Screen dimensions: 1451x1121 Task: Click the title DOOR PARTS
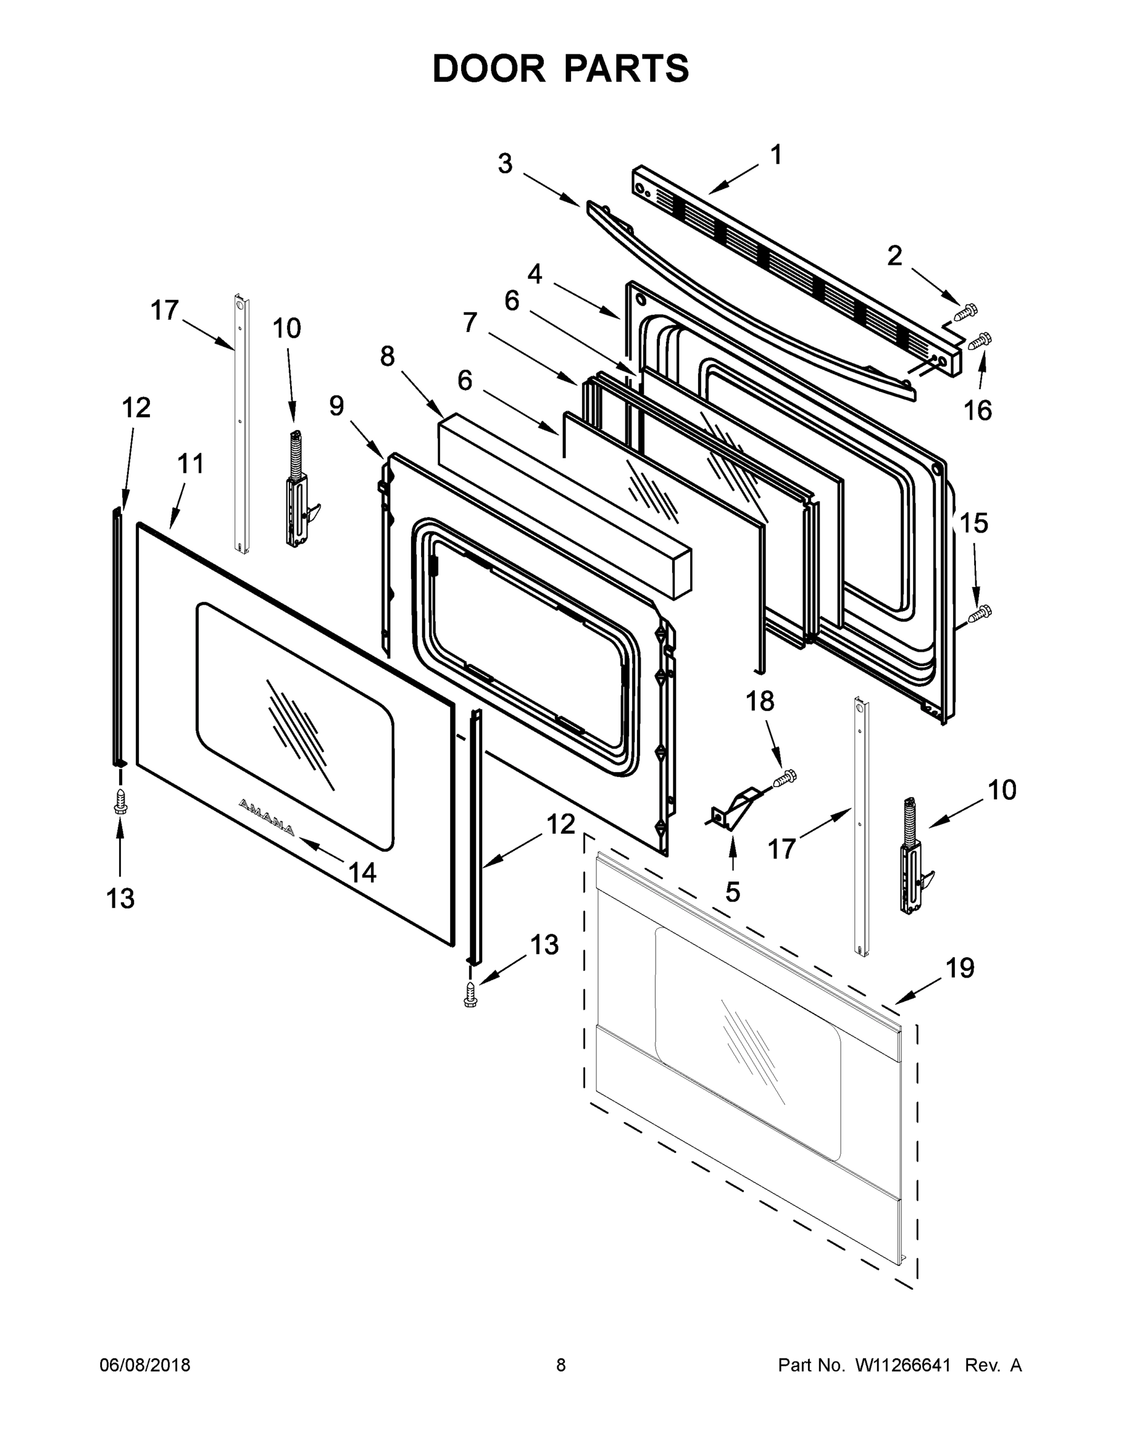point(561,69)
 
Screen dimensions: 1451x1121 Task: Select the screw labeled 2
point(966,310)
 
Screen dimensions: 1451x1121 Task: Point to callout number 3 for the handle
point(505,163)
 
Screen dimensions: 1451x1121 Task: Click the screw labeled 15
point(979,613)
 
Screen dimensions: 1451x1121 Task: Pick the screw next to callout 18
point(786,777)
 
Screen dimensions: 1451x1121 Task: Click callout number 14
point(363,872)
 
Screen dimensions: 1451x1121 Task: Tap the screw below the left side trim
point(120,801)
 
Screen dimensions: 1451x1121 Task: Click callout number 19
point(960,968)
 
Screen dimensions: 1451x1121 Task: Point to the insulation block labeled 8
point(564,505)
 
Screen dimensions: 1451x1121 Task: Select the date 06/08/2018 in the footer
point(145,1365)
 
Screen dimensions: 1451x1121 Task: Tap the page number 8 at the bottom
point(561,1365)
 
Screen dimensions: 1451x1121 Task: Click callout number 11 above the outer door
point(190,464)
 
